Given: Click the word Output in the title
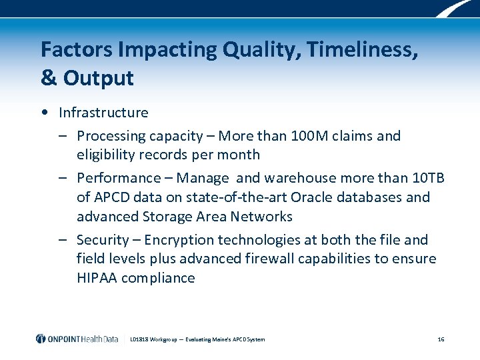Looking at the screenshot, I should coord(99,78).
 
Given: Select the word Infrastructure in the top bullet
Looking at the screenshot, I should coord(103,113).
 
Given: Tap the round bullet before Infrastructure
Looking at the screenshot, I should coord(43,113).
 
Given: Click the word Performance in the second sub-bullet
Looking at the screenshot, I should coord(119,178).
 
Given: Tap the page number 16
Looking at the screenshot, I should coord(441,339).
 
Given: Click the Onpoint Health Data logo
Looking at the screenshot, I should coord(77,339).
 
